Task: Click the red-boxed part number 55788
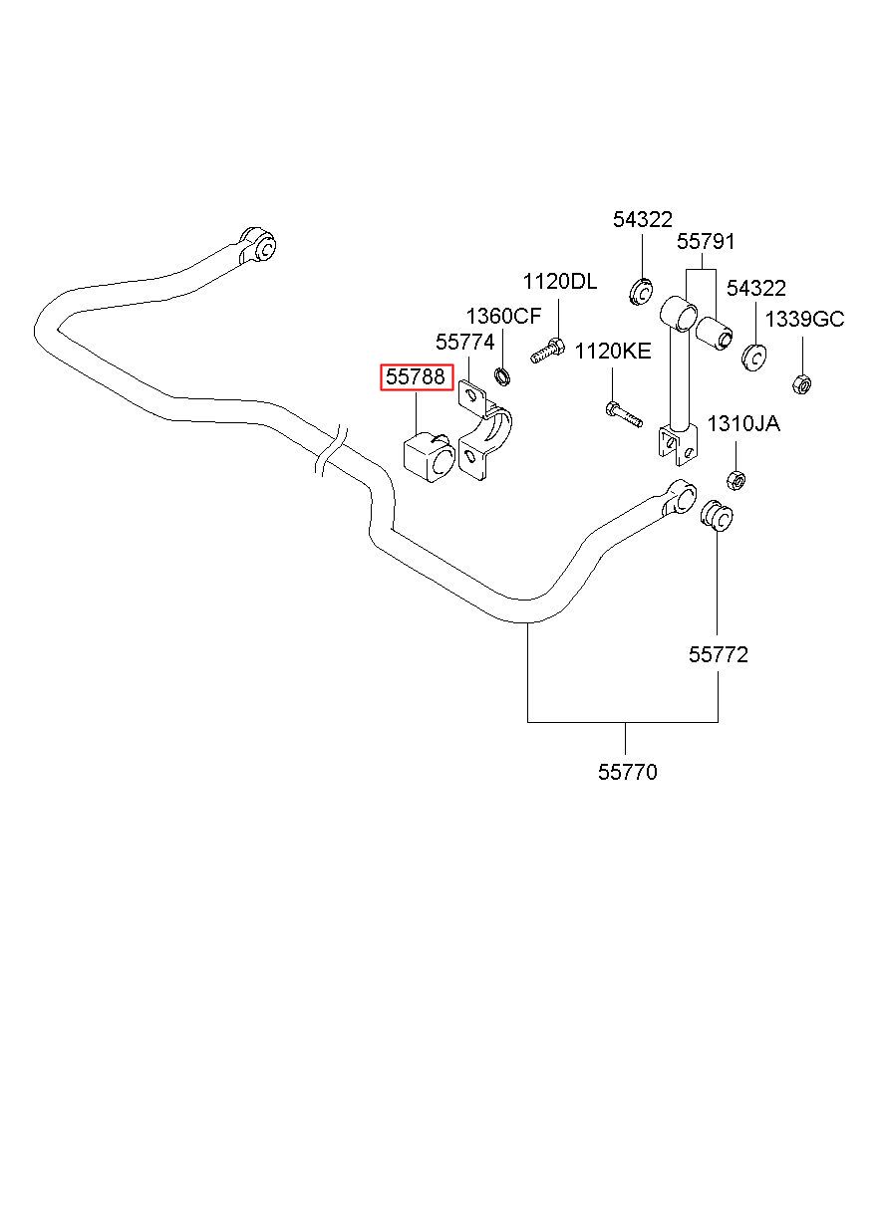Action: pos(416,376)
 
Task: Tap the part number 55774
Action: pos(465,342)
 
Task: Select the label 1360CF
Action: pos(503,316)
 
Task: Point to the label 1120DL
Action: pos(560,282)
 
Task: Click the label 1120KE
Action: pos(613,352)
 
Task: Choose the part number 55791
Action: pos(706,241)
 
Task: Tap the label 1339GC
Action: pos(805,320)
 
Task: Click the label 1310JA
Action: pos(743,423)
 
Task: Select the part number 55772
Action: pos(719,655)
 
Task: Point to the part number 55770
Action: pos(628,772)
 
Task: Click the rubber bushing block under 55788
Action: pos(430,458)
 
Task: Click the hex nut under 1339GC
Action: pos(801,383)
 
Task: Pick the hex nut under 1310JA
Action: pos(736,479)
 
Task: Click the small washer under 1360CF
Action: pos(502,376)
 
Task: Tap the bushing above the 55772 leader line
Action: pos(716,516)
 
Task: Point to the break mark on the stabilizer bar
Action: pos(331,451)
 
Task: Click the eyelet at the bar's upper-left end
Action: pos(258,246)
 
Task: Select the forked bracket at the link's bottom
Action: pos(678,445)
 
